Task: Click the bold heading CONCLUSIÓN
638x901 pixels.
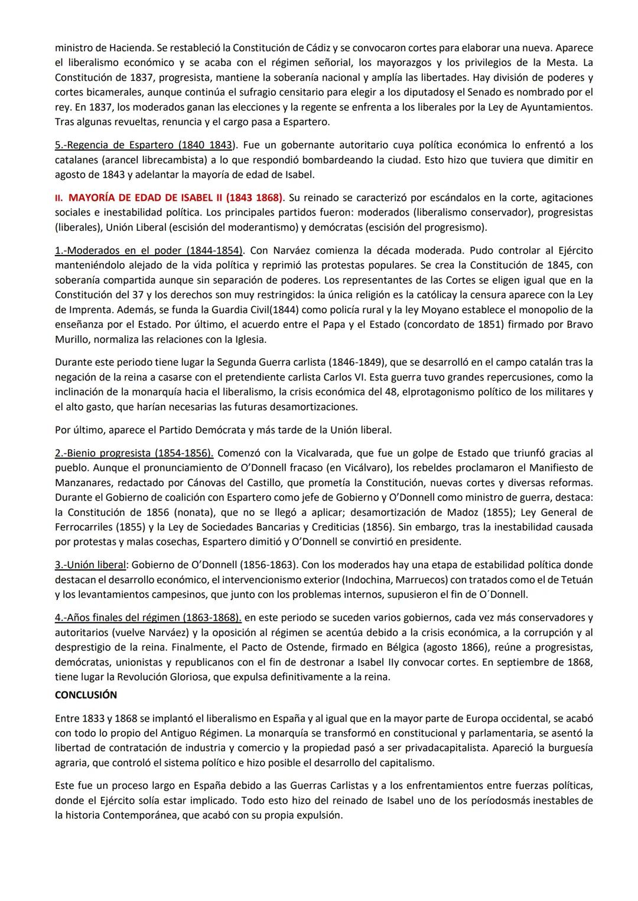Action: (x=86, y=695)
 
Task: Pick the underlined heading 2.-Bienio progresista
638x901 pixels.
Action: (x=134, y=453)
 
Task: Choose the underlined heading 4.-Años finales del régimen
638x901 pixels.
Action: (x=148, y=618)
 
